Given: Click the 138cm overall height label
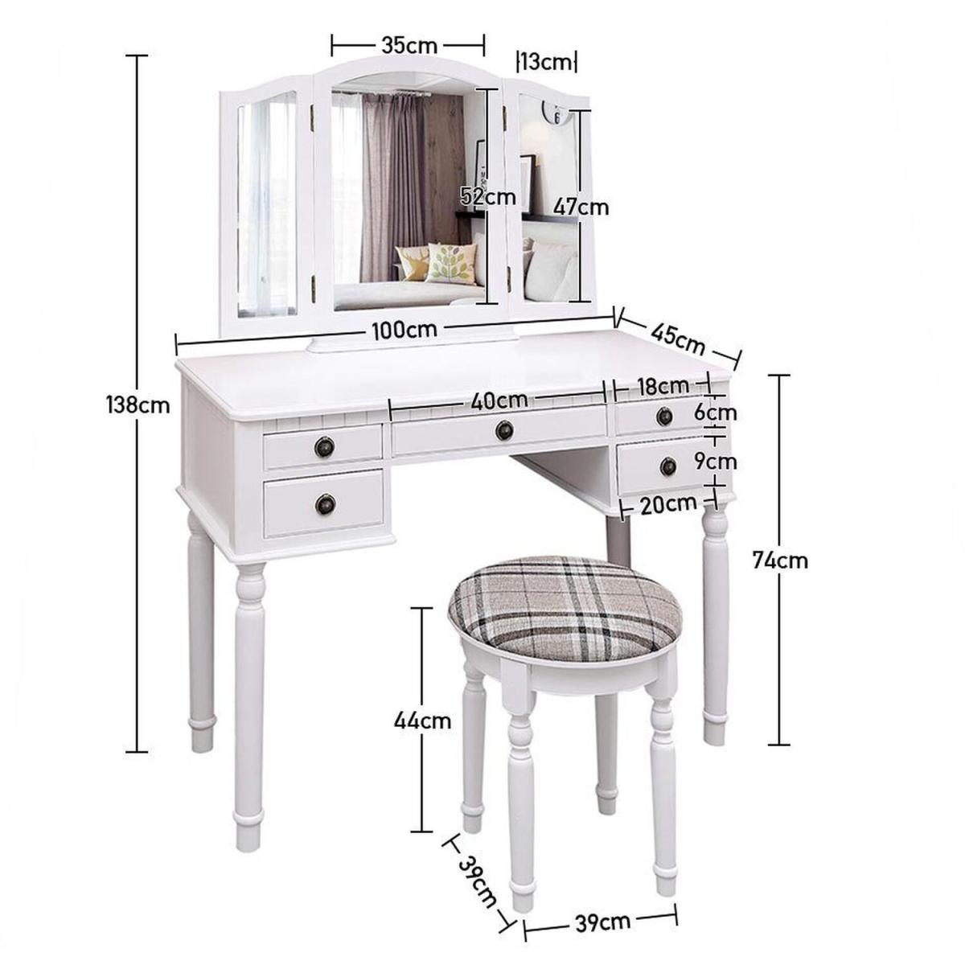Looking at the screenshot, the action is [138, 404].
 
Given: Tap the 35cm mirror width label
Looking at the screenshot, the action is [409, 46].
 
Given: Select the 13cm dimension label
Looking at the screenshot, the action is [546, 62].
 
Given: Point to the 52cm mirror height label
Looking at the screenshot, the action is [488, 196].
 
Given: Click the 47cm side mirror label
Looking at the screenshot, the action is [581, 207].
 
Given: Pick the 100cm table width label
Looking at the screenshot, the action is [404, 330].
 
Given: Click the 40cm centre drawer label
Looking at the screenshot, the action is [499, 400].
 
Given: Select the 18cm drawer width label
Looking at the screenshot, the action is [663, 386].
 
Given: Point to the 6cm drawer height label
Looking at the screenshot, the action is [715, 413].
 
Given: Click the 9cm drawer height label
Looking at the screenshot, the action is [715, 462].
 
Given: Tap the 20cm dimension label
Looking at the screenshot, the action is [668, 504].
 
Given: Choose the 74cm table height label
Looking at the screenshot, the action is [780, 561].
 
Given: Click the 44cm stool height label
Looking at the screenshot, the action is [422, 721].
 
